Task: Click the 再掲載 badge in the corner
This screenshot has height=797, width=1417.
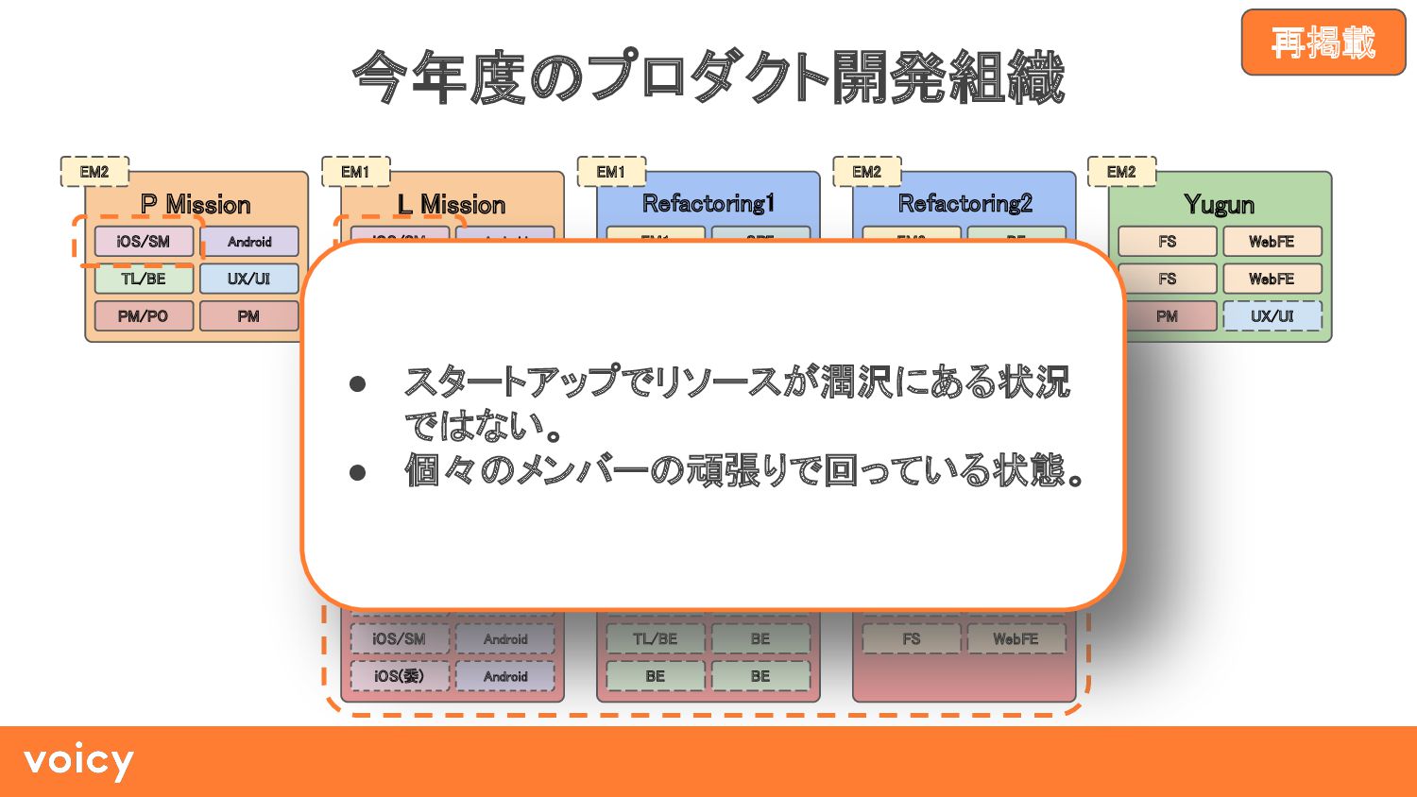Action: pyautogui.click(x=1323, y=42)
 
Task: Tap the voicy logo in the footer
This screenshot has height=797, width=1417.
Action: pyautogui.click(x=78, y=761)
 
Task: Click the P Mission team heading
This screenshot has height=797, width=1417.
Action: pyautogui.click(x=196, y=204)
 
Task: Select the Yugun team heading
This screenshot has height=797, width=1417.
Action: pyautogui.click(x=1219, y=204)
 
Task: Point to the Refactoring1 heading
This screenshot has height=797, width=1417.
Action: pyautogui.click(x=708, y=203)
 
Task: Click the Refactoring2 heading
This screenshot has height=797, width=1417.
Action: pyautogui.click(x=965, y=203)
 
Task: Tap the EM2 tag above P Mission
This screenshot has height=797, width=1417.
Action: pyautogui.click(x=94, y=172)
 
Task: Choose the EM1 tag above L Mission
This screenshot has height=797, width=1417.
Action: pyautogui.click(x=355, y=172)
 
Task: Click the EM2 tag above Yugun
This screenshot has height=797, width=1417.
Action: pyautogui.click(x=1121, y=172)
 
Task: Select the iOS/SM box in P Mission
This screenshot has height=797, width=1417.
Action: pyautogui.click(x=144, y=242)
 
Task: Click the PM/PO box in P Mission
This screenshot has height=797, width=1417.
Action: pyautogui.click(x=144, y=316)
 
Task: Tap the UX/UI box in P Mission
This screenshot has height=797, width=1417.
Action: pyautogui.click(x=248, y=279)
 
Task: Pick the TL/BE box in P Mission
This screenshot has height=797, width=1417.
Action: pyautogui.click(x=144, y=279)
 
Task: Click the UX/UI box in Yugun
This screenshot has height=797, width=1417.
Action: pyautogui.click(x=1272, y=316)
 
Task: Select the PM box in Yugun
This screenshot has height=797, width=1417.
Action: pyautogui.click(x=1168, y=316)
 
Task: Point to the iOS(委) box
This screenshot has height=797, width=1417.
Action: pyautogui.click(x=400, y=676)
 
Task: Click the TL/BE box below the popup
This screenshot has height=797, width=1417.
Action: pyautogui.click(x=655, y=639)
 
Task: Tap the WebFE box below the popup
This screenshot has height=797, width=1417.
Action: pyautogui.click(x=1016, y=639)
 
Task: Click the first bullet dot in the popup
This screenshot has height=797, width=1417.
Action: pyautogui.click(x=357, y=383)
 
